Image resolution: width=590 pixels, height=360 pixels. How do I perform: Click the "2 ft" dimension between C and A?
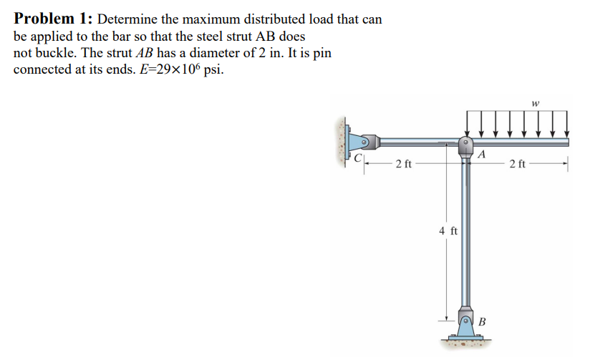click(x=403, y=165)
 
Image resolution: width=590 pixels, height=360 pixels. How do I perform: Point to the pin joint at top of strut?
click(x=465, y=142)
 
